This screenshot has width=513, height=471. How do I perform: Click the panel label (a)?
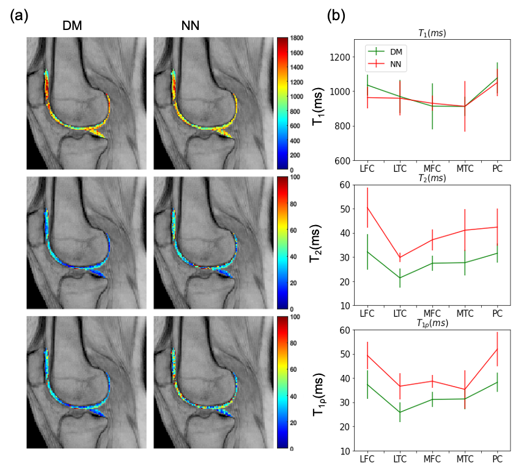pyautogui.click(x=19, y=15)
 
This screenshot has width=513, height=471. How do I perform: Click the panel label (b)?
pyautogui.click(x=336, y=15)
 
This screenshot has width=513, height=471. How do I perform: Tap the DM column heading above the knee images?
pyautogui.click(x=72, y=26)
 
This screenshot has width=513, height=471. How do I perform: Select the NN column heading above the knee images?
pyautogui.click(x=190, y=26)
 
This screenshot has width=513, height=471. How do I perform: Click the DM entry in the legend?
pyautogui.click(x=396, y=52)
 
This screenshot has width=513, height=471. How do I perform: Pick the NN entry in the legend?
pyautogui.click(x=396, y=64)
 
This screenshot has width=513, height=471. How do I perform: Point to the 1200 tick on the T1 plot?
pyautogui.click(x=339, y=57)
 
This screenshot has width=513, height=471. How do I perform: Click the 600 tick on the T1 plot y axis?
pyautogui.click(x=342, y=161)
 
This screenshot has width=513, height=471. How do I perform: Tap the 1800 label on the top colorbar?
pyautogui.click(x=297, y=38)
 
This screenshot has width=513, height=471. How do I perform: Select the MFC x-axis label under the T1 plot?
pyautogui.click(x=432, y=169)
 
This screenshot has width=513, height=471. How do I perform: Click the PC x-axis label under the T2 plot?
pyautogui.click(x=497, y=314)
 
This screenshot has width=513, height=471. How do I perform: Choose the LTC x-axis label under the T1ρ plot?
pyautogui.click(x=400, y=459)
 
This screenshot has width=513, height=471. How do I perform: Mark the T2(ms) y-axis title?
pyautogui.click(x=316, y=243)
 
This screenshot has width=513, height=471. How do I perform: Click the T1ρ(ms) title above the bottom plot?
pyautogui.click(x=432, y=323)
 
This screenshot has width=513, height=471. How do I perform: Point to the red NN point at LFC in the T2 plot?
pyautogui.click(x=367, y=207)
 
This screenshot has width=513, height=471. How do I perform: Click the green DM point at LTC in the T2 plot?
pyautogui.click(x=400, y=278)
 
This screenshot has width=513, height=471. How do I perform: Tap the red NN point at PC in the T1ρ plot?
pyautogui.click(x=497, y=349)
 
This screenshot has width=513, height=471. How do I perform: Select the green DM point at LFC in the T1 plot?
pyautogui.click(x=367, y=85)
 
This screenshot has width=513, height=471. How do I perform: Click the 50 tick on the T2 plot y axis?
pyautogui.click(x=345, y=209)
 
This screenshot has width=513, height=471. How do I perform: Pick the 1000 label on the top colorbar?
pyautogui.click(x=297, y=97)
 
